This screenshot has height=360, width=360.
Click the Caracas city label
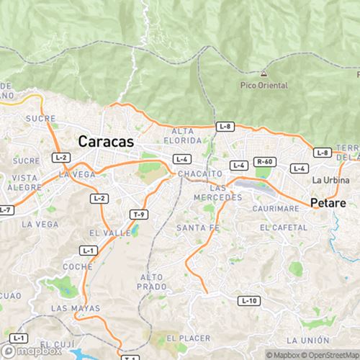point(106,142)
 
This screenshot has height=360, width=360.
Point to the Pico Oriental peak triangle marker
point(265,74)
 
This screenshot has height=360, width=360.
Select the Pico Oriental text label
point(265,86)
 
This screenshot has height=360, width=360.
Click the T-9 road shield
point(139,215)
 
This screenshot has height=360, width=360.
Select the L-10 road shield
point(248,300)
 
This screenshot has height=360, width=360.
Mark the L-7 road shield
point(5,210)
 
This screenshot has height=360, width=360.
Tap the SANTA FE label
point(192,228)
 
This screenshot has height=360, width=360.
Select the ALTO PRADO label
point(152,282)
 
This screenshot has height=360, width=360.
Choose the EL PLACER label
point(189,338)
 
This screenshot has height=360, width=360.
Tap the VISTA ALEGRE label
point(25,182)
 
